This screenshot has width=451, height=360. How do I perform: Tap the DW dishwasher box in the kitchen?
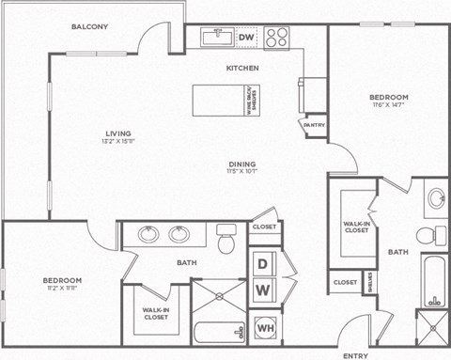(246, 38)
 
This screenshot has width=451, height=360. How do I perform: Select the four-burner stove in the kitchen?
(276, 38)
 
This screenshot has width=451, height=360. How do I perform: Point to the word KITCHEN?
(242, 69)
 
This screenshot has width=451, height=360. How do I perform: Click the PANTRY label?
(314, 124)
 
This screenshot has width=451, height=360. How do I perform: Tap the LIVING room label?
(117, 133)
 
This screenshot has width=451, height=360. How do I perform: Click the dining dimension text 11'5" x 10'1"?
(241, 170)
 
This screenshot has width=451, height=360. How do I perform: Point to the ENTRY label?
(356, 355)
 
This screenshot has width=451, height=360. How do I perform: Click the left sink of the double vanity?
(148, 234)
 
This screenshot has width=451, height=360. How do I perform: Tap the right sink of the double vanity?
(179, 234)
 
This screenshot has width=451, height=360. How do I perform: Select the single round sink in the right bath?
(436, 198)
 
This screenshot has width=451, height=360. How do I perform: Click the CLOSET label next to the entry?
(345, 282)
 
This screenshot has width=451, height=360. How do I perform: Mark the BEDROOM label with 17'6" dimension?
(388, 98)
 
